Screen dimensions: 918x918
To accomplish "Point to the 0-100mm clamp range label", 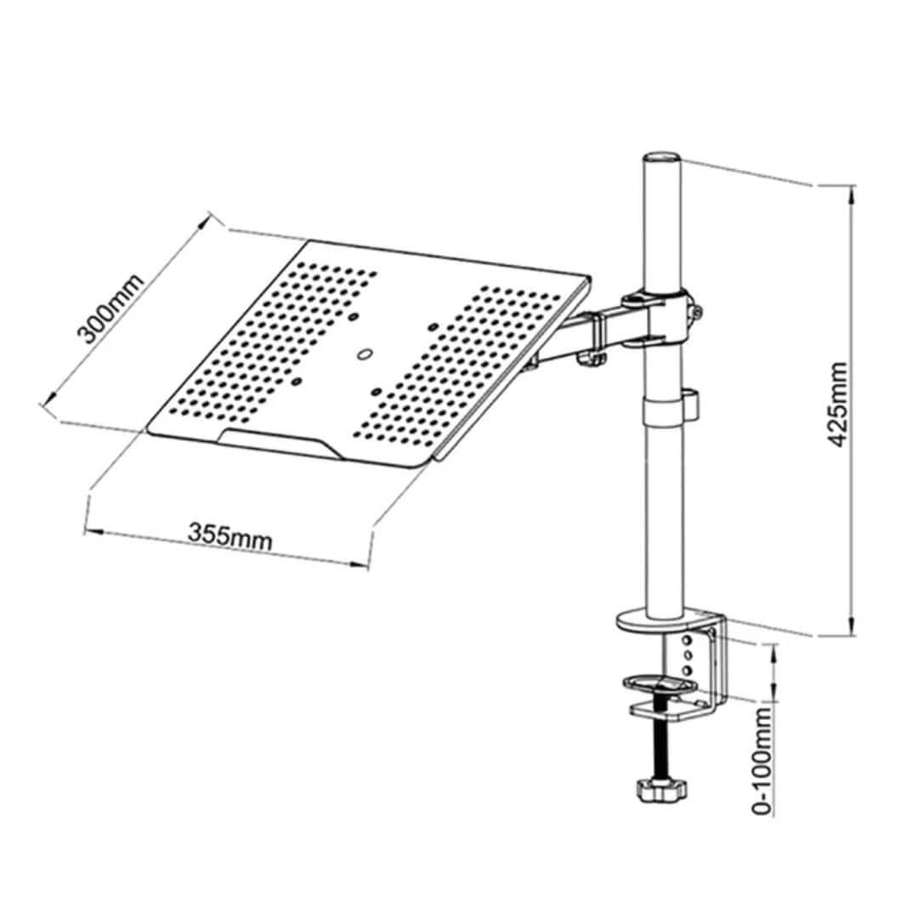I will click(x=764, y=760).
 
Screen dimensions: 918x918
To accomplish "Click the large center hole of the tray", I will click(x=365, y=354).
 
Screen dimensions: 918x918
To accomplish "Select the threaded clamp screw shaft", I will click(x=659, y=739).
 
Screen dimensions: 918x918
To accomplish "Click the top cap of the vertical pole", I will click(x=662, y=160).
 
